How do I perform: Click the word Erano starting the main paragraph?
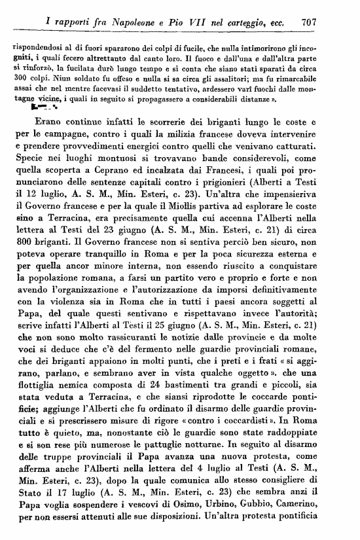coord(73,120)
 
